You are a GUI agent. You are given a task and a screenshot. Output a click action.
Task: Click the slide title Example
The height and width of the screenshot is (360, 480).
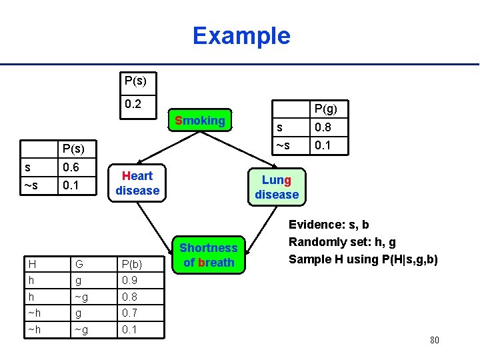241,35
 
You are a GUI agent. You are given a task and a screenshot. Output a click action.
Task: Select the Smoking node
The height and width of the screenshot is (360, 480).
199,121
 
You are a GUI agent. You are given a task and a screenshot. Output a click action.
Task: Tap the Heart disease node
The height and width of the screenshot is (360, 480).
137,183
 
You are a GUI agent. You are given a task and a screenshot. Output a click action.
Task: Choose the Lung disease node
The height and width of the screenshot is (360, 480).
276,187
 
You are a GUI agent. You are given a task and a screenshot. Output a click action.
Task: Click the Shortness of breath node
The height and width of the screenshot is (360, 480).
208,255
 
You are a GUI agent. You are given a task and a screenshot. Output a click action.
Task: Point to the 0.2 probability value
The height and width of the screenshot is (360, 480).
133,104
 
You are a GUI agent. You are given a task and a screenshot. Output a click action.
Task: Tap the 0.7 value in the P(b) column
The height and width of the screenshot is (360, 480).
130,313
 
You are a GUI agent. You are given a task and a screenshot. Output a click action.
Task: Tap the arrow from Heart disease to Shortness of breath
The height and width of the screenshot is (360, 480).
157,220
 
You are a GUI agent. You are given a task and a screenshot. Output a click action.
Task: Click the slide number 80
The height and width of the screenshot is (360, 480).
434,341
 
